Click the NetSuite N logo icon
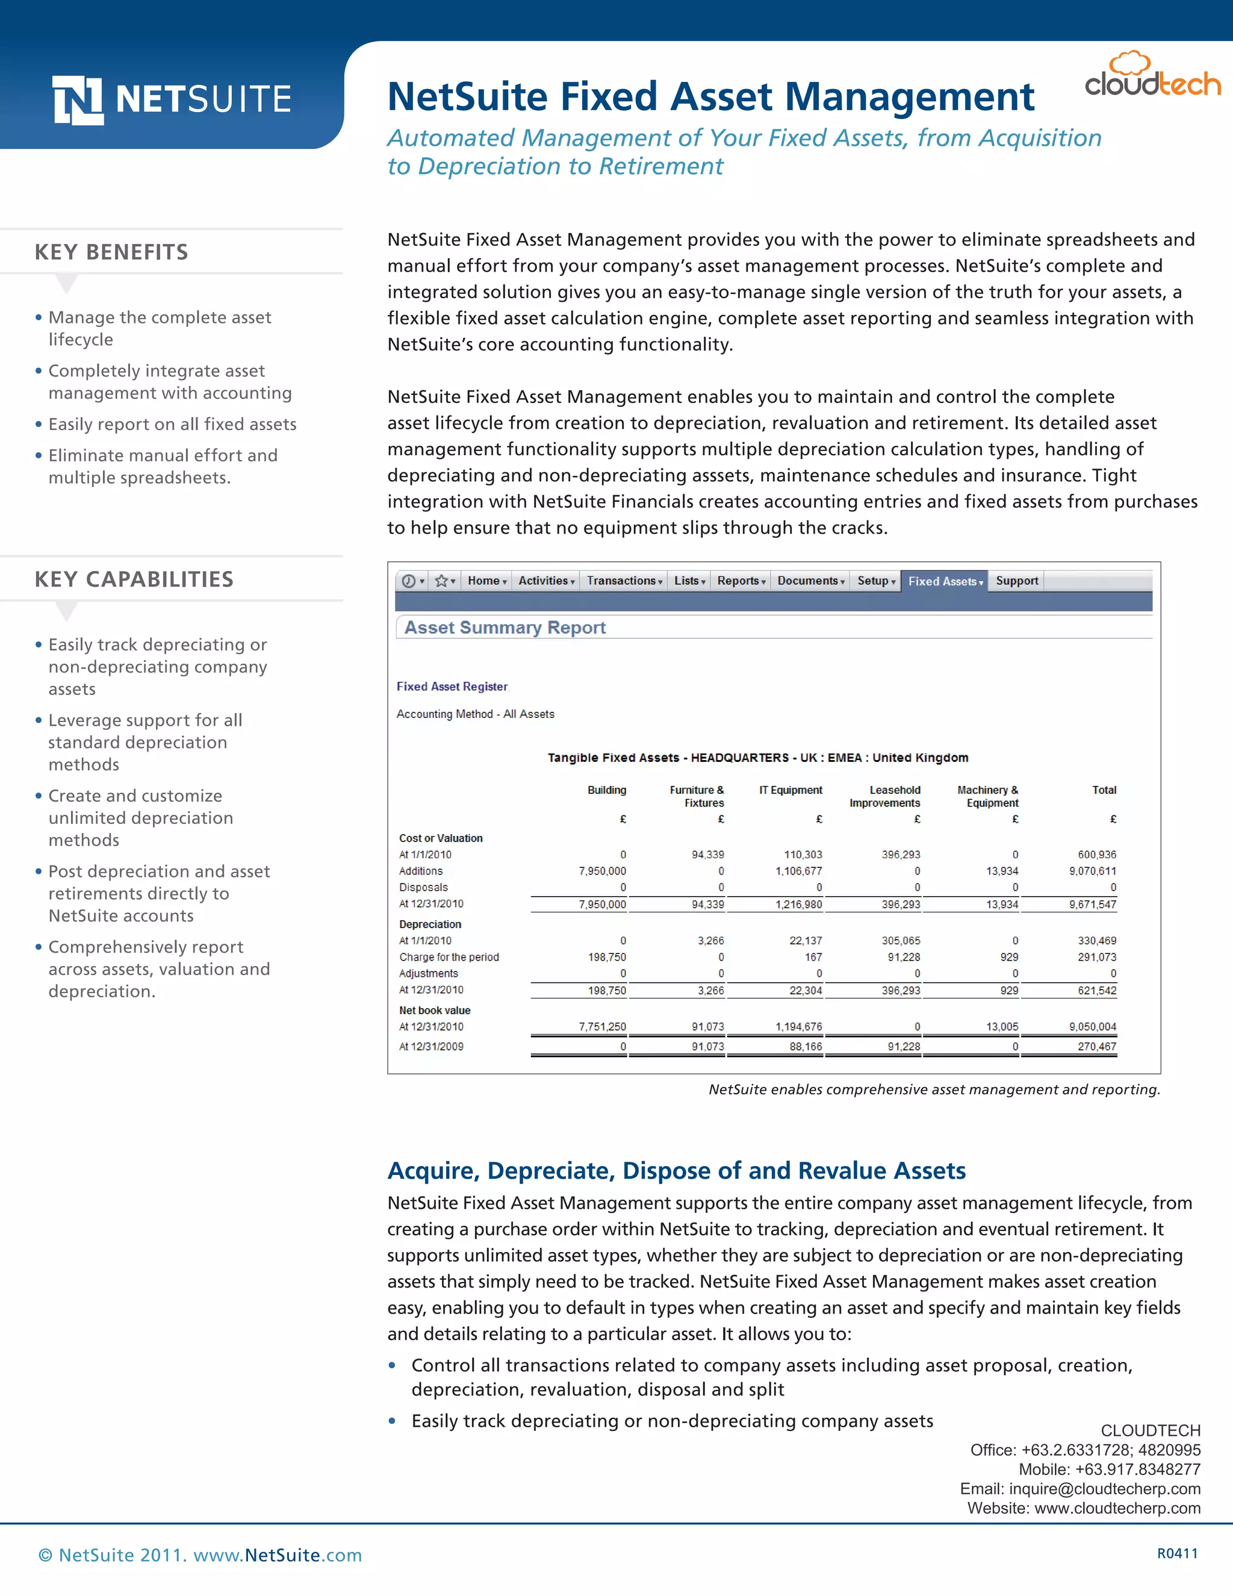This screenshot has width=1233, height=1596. coord(78,100)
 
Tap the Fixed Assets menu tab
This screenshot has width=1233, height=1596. coord(944,581)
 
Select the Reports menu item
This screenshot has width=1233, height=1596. coord(740,581)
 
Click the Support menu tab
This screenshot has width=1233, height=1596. coord(1016,581)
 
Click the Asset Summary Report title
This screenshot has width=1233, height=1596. coord(505,628)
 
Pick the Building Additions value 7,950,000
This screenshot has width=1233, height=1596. coord(602,871)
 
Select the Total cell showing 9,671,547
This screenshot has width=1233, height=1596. coord(1092,905)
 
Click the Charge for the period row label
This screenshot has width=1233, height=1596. coord(449,958)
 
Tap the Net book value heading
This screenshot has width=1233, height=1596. coord(435,1011)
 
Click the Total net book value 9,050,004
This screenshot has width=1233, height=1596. coord(1092,1027)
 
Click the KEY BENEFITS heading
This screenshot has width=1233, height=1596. coord(111,252)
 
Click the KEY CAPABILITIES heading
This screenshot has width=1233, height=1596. coord(134,579)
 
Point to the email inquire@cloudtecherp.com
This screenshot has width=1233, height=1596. coord(1104,1489)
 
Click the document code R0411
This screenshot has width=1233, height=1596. coord(1177,1554)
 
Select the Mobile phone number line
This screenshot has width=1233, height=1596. coord(1109,1469)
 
